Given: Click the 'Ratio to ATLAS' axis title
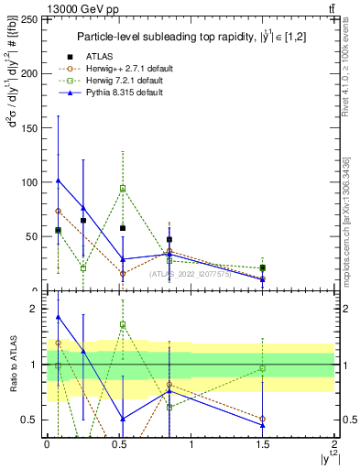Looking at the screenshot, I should click(12, 364).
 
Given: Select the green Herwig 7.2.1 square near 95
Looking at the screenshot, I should click(123, 188).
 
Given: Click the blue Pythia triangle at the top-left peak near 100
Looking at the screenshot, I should click(59, 180).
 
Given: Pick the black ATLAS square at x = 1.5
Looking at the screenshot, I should click(263, 267).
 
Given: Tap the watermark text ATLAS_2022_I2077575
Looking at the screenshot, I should click(190, 274).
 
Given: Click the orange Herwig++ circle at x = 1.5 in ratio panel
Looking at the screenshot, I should click(263, 419).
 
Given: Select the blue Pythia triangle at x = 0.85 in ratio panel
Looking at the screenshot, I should click(169, 391).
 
